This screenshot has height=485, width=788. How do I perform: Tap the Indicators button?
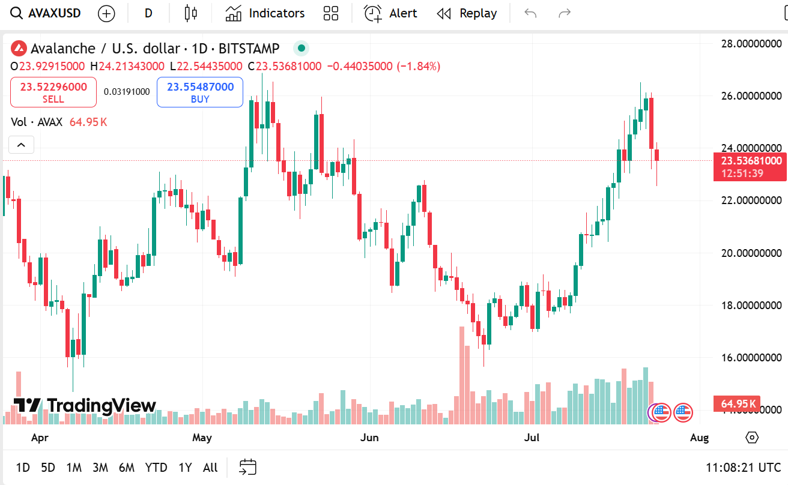pos(265,13)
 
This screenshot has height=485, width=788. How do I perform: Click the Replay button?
pos(467,13)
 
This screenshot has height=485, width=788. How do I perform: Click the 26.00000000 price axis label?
pos(751,96)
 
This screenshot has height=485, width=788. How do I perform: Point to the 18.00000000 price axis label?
pos(751,306)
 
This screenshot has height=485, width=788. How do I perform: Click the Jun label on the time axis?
pos(369,438)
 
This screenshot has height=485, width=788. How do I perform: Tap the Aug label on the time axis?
pos(699,438)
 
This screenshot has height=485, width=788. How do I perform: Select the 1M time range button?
pos(74,468)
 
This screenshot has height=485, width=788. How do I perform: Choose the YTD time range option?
pos(156,468)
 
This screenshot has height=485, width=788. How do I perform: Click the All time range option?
pos(210,468)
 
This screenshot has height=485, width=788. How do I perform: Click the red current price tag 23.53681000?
pos(751,161)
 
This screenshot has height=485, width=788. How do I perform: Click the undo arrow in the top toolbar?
pos(530,13)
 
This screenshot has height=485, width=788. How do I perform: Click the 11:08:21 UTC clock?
pos(743,468)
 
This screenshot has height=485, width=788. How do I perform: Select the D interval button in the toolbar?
pos(148,13)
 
